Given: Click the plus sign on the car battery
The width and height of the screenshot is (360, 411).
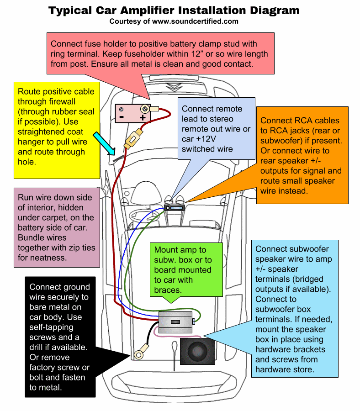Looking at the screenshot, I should [x=143, y=117].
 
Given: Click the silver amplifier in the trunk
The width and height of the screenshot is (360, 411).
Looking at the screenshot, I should [x=176, y=322].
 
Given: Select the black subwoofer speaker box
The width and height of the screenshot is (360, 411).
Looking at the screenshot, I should [x=197, y=351].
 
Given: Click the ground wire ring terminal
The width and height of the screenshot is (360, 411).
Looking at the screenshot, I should [x=139, y=354].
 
